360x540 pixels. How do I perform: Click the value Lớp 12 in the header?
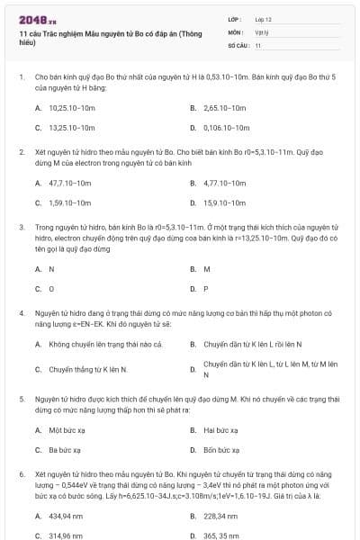[264, 18]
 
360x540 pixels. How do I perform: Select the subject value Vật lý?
[262, 31]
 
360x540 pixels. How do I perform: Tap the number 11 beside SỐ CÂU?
[258, 44]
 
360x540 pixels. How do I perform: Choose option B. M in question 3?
[207, 268]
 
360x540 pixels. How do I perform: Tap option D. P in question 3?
[206, 289]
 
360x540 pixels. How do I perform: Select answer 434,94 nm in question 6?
[66, 516]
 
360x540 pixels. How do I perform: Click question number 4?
[22, 312]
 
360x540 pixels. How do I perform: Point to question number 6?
[22, 472]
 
